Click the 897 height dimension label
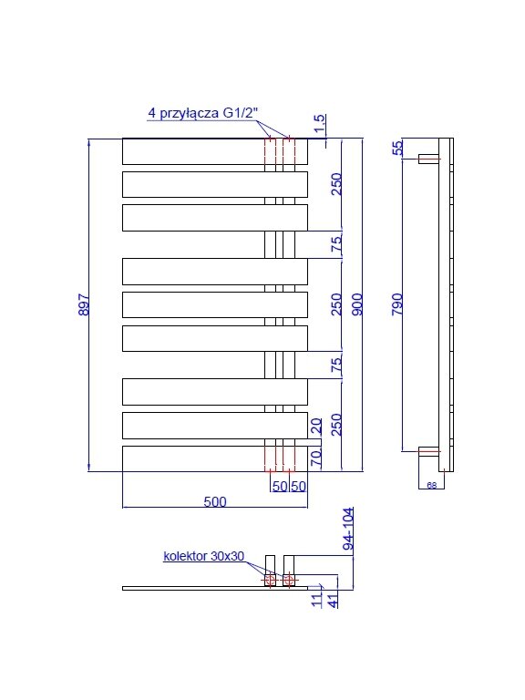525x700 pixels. click(84, 304)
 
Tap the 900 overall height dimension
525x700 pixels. click(357, 304)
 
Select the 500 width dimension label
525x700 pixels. click(215, 502)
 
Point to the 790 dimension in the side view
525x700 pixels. click(396, 304)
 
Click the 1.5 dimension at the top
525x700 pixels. click(320, 124)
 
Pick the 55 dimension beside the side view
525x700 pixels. click(396, 148)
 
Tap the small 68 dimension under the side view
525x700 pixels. click(432, 485)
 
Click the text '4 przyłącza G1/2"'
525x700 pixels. click(203, 113)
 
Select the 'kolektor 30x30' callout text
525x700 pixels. click(204, 556)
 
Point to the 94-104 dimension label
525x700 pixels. click(348, 529)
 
